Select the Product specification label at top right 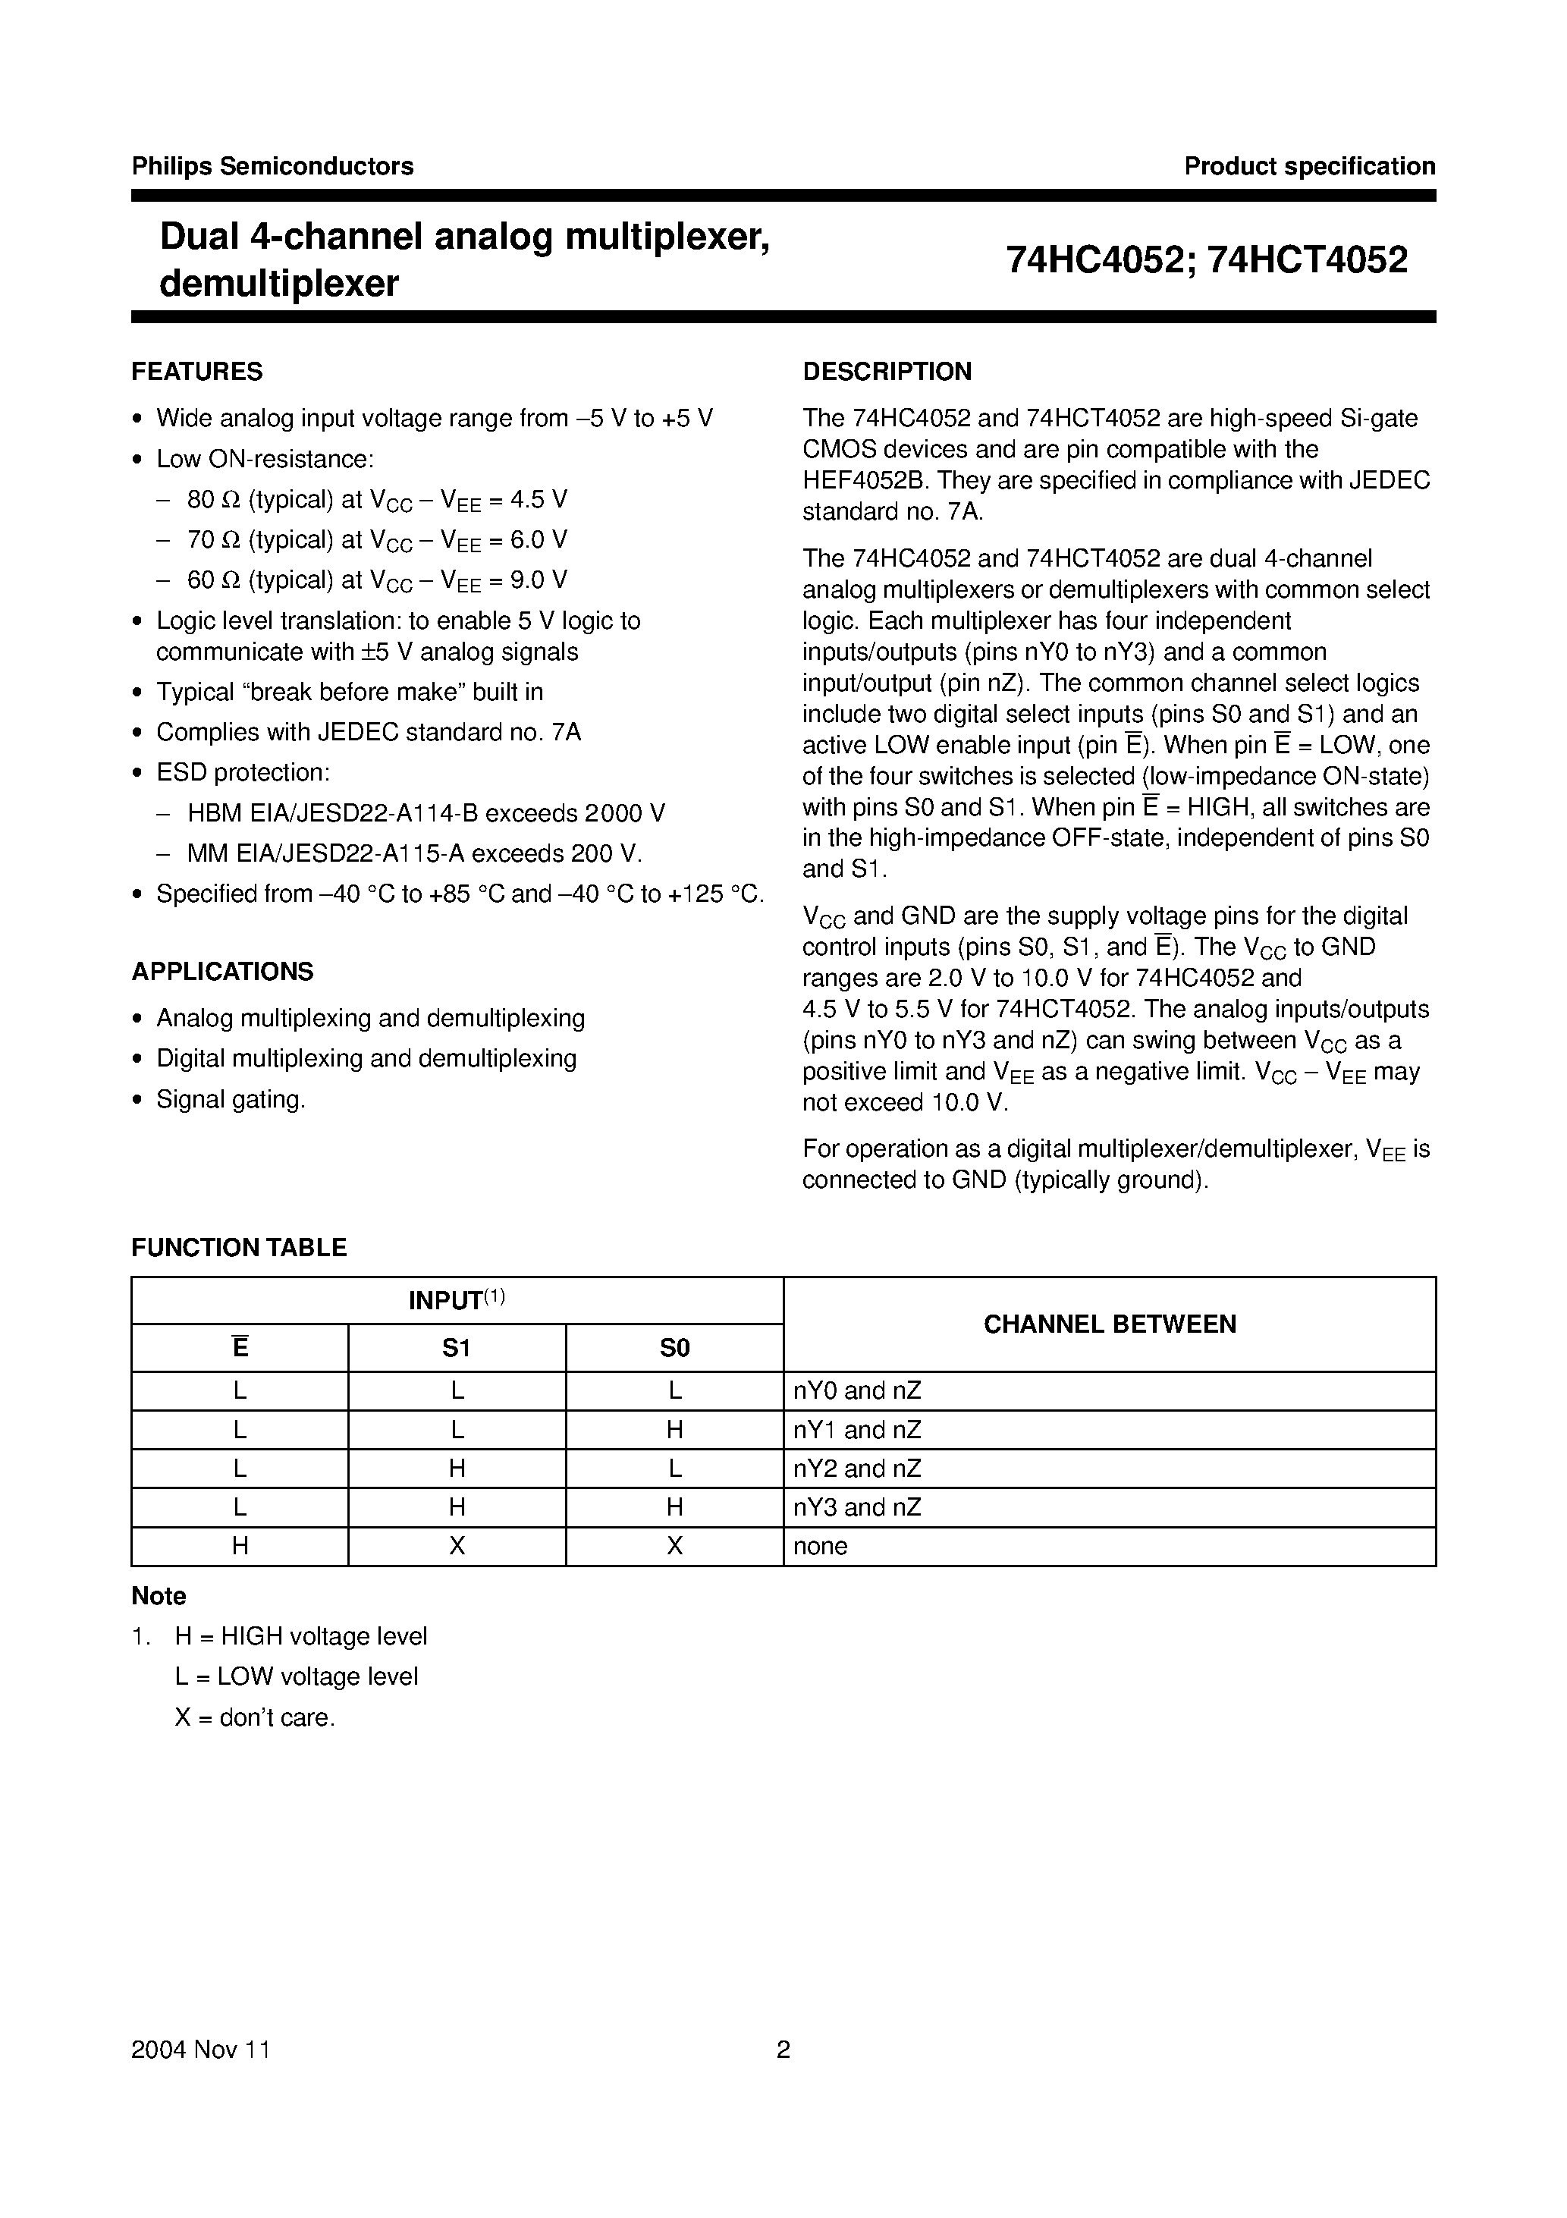[x=1309, y=166]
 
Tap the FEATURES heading [x=197, y=372]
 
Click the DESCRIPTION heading [x=887, y=372]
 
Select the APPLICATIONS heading [x=222, y=971]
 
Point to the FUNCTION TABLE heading [x=239, y=1247]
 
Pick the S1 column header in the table [x=456, y=1348]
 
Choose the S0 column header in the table [x=674, y=1348]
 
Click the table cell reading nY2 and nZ [x=857, y=1469]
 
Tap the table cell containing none [x=820, y=1546]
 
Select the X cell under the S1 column [x=457, y=1546]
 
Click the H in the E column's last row [x=240, y=1546]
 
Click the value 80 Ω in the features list [x=213, y=499]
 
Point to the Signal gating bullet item [x=231, y=1099]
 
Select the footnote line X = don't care [x=254, y=1717]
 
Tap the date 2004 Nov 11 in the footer [x=200, y=2050]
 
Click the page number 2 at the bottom [x=783, y=2050]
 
